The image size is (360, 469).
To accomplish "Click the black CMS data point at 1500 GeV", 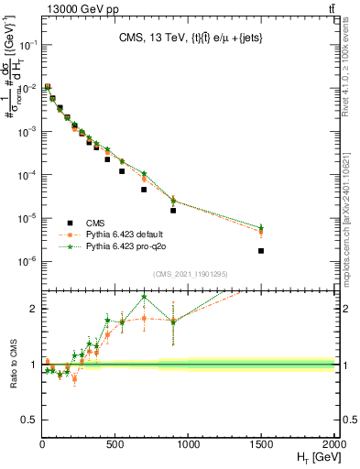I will (x=261, y=250).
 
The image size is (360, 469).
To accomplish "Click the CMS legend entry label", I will (x=96, y=223).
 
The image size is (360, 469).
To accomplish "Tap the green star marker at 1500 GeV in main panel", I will (x=261, y=227).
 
